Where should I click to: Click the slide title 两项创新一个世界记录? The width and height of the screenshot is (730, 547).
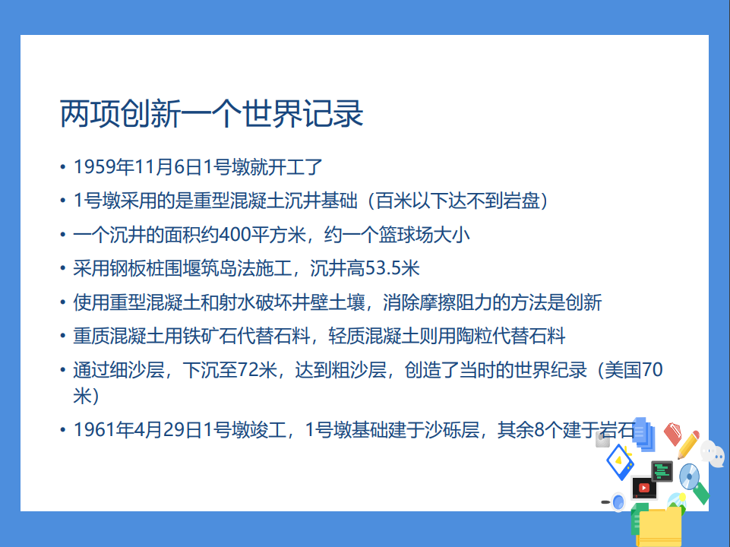pos(211,114)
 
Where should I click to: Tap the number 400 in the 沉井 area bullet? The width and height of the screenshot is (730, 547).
pos(235,235)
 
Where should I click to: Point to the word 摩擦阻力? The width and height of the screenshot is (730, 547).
pos(456,302)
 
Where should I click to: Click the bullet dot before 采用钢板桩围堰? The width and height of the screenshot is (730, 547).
pos(63,269)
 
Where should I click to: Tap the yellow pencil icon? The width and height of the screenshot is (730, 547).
pos(687,444)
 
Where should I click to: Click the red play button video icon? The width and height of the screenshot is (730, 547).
pos(644,488)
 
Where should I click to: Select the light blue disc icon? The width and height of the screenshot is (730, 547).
pos(689,476)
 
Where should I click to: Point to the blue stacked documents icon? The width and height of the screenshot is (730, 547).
pos(643,434)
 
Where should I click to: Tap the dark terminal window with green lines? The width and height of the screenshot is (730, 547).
pos(662,471)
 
